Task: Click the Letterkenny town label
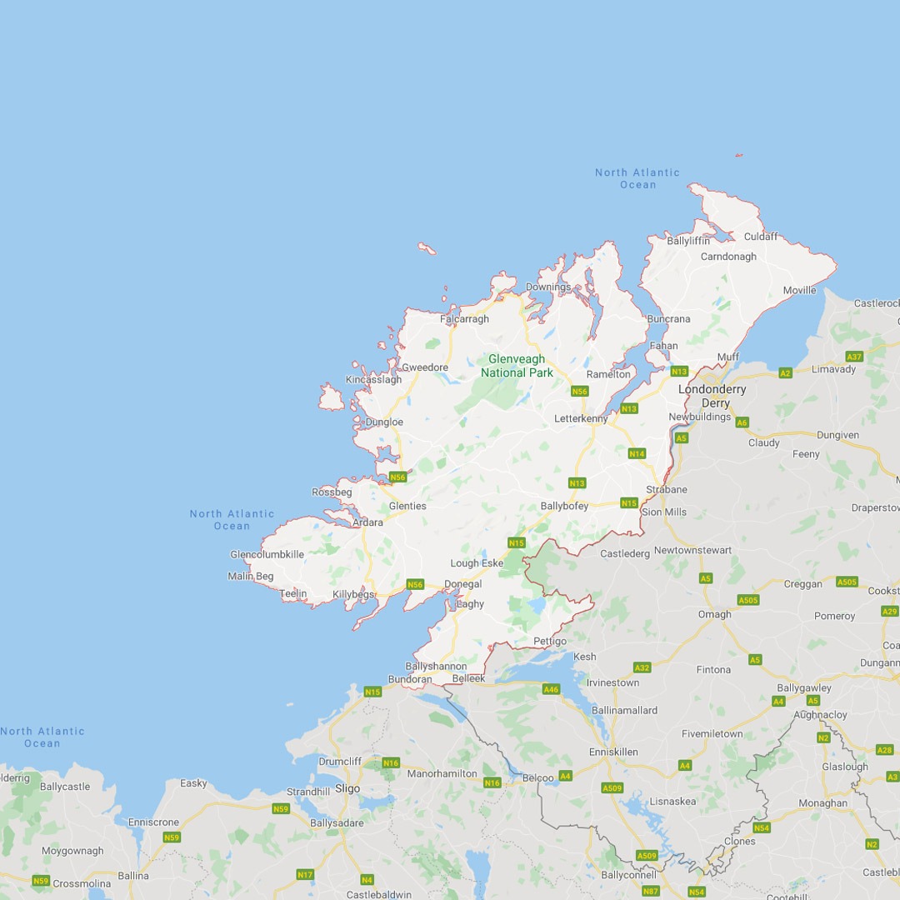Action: (x=581, y=417)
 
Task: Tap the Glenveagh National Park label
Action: (x=517, y=366)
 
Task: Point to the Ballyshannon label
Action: (x=436, y=666)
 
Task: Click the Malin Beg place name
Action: (x=251, y=576)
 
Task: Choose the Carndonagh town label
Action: (x=728, y=257)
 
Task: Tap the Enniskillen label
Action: (x=613, y=752)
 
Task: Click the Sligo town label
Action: (x=347, y=788)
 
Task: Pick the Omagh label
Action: (x=714, y=614)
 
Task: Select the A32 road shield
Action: (x=642, y=667)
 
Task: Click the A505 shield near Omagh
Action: (x=747, y=600)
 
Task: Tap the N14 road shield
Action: (x=637, y=453)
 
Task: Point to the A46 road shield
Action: (x=551, y=689)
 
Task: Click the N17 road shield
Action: (x=305, y=874)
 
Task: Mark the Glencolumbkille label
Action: (x=267, y=554)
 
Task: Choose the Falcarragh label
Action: (x=464, y=318)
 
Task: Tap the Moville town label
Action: (x=799, y=290)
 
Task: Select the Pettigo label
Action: (x=550, y=641)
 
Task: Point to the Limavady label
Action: (x=833, y=368)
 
